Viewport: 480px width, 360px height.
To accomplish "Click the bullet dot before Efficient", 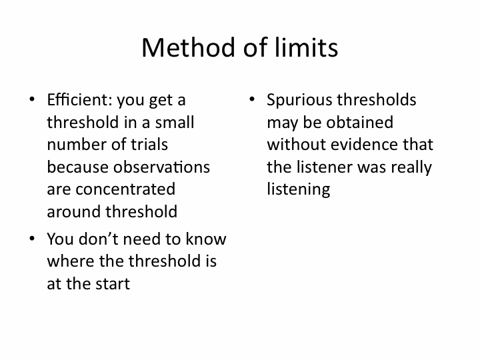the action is (32, 99).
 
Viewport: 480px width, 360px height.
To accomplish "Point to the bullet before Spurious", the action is (252, 99).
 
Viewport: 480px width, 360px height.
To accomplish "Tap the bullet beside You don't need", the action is (32, 238).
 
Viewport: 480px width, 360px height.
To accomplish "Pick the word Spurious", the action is (299, 101).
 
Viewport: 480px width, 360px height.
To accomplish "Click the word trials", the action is (149, 145).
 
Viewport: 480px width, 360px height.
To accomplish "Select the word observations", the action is (161, 167).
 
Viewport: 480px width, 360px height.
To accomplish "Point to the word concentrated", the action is (125, 189).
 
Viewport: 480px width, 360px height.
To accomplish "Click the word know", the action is (206, 239).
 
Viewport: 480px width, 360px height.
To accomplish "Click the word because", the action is (78, 167).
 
